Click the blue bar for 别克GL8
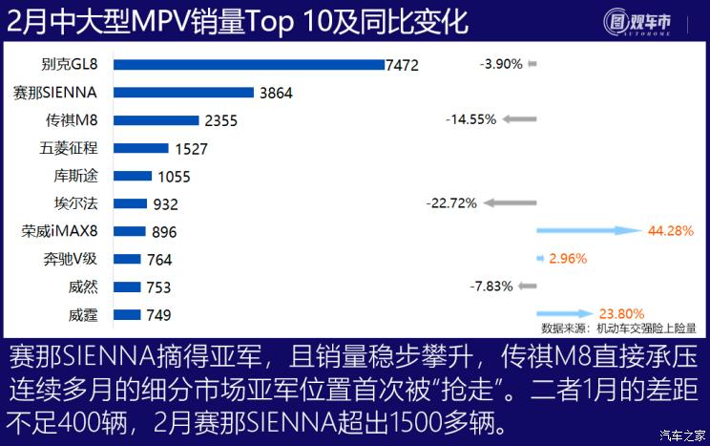click(x=248, y=65)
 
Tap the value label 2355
click(x=220, y=120)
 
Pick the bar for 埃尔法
click(x=130, y=203)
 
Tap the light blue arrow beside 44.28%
click(x=587, y=230)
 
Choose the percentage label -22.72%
click(x=451, y=202)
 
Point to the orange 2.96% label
click(x=567, y=258)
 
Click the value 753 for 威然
click(x=158, y=287)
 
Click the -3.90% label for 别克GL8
click(x=500, y=64)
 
